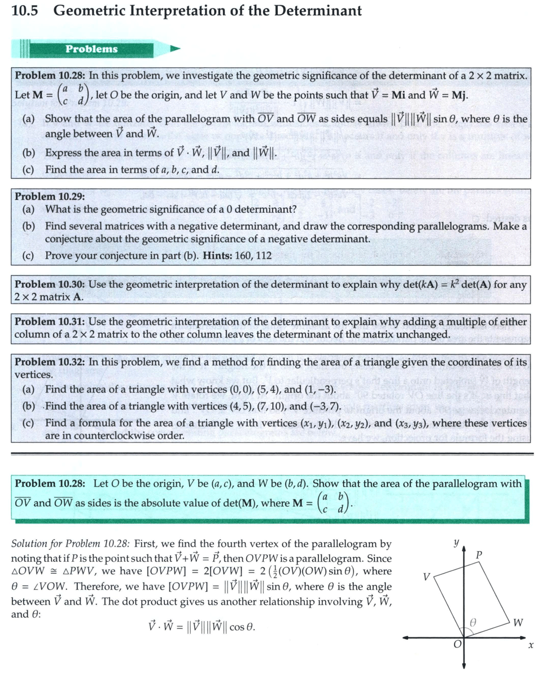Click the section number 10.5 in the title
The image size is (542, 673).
24,11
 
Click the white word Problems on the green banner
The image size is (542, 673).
91,49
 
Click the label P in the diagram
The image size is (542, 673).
479,555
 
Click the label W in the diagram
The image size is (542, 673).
518,623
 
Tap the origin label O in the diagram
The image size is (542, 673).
459,644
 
